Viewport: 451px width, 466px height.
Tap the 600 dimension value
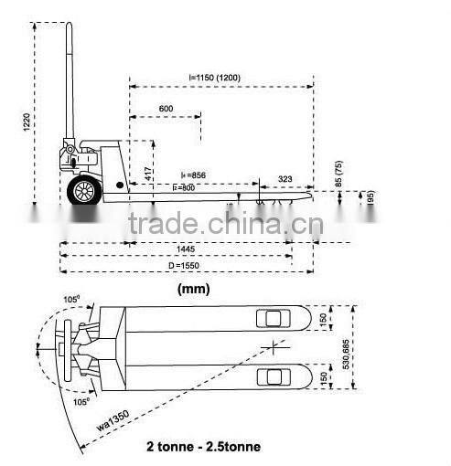coord(166,109)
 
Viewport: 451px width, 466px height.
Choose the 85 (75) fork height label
coord(340,174)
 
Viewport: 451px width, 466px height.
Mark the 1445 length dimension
coord(187,248)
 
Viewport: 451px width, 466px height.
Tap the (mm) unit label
coord(192,290)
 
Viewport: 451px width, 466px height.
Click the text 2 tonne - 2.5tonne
coord(202,447)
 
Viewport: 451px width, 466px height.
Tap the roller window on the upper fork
coord(271,318)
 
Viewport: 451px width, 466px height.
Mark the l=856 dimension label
coord(193,175)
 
